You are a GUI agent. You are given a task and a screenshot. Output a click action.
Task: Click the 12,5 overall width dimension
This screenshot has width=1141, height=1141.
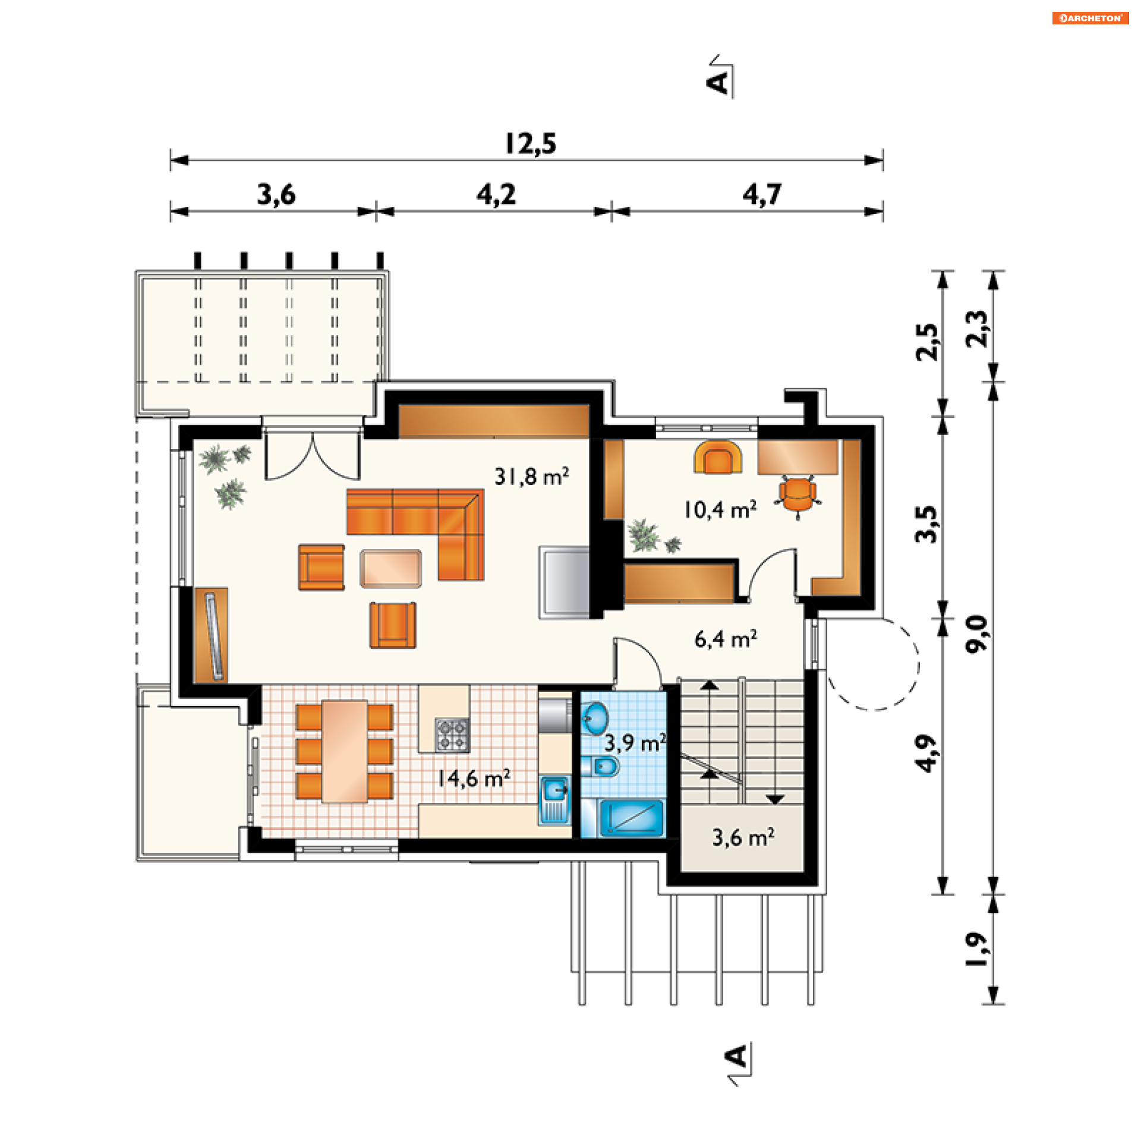click(531, 144)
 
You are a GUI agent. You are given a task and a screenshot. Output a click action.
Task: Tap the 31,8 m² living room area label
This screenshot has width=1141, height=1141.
click(531, 476)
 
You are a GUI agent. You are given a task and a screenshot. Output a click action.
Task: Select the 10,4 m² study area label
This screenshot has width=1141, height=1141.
click(720, 509)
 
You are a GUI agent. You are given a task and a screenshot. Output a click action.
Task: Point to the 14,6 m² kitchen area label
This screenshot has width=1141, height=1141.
click(474, 778)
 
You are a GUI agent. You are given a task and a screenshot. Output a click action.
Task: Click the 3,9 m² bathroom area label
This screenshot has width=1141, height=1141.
click(635, 743)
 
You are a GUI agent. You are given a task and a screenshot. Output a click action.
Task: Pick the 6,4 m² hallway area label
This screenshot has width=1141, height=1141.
click(726, 639)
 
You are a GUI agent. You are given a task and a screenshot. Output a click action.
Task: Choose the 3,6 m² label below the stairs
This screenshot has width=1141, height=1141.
click(743, 838)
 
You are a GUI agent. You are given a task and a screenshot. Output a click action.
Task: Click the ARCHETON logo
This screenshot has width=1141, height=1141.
click(1090, 18)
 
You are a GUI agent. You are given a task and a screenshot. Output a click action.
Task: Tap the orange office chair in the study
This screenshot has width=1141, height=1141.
click(798, 494)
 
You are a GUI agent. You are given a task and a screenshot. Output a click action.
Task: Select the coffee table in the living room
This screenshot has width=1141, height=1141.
click(390, 569)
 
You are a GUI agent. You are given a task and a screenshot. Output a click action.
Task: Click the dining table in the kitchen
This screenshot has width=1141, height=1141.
click(345, 752)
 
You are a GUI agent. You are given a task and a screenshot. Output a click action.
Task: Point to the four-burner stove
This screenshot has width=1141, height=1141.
click(452, 735)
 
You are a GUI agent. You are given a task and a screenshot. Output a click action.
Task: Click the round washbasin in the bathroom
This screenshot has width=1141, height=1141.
click(595, 718)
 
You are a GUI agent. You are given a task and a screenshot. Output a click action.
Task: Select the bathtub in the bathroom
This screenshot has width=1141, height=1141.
click(632, 818)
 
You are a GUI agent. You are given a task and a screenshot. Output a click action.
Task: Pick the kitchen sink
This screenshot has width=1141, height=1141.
click(555, 800)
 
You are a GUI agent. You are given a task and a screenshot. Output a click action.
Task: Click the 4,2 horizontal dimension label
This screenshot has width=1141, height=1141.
click(496, 195)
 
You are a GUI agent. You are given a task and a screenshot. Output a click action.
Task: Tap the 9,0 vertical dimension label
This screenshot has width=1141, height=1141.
click(976, 634)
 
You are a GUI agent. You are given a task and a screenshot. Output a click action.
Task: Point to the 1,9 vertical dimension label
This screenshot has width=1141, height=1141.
click(976, 950)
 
